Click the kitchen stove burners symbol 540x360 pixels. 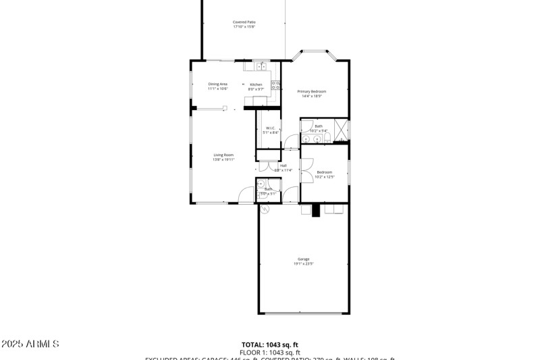(275, 85)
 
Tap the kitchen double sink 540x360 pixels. (261, 66)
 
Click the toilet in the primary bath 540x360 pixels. (327, 138)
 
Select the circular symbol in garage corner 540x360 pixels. (265, 209)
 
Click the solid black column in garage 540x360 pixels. (315, 211)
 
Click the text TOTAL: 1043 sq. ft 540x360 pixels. (269, 344)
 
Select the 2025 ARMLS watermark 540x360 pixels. (30, 344)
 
